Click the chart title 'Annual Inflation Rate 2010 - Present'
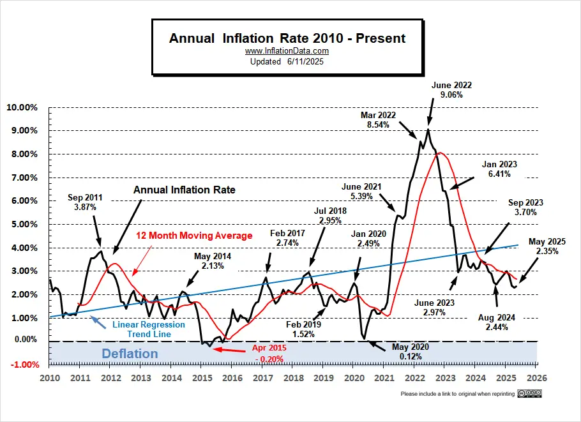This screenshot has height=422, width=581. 287,38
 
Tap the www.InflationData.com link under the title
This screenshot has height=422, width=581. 287,51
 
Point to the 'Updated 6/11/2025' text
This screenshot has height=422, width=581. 287,61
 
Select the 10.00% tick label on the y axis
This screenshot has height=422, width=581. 22,107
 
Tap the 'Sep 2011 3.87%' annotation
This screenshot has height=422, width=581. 85,203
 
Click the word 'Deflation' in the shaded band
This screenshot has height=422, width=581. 128,353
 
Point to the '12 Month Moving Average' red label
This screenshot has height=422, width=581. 194,236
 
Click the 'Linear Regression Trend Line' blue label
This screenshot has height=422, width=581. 149,329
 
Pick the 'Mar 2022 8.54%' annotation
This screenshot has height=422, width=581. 378,120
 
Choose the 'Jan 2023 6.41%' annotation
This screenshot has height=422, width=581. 499,169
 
